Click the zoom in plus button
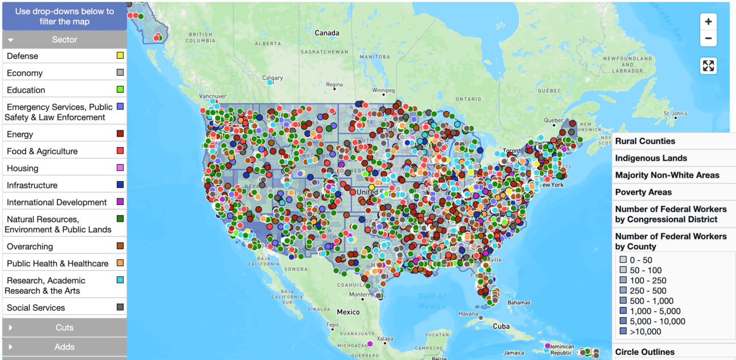708,22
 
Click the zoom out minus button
708,38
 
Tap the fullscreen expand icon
708,66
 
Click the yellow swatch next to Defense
120,55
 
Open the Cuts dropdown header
64,328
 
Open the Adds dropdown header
64,346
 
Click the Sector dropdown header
64,39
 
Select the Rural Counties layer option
645,141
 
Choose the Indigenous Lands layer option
651,158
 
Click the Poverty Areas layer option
643,193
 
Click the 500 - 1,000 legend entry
651,301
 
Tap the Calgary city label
272,78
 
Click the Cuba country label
501,326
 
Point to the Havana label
468,314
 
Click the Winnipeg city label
383,91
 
